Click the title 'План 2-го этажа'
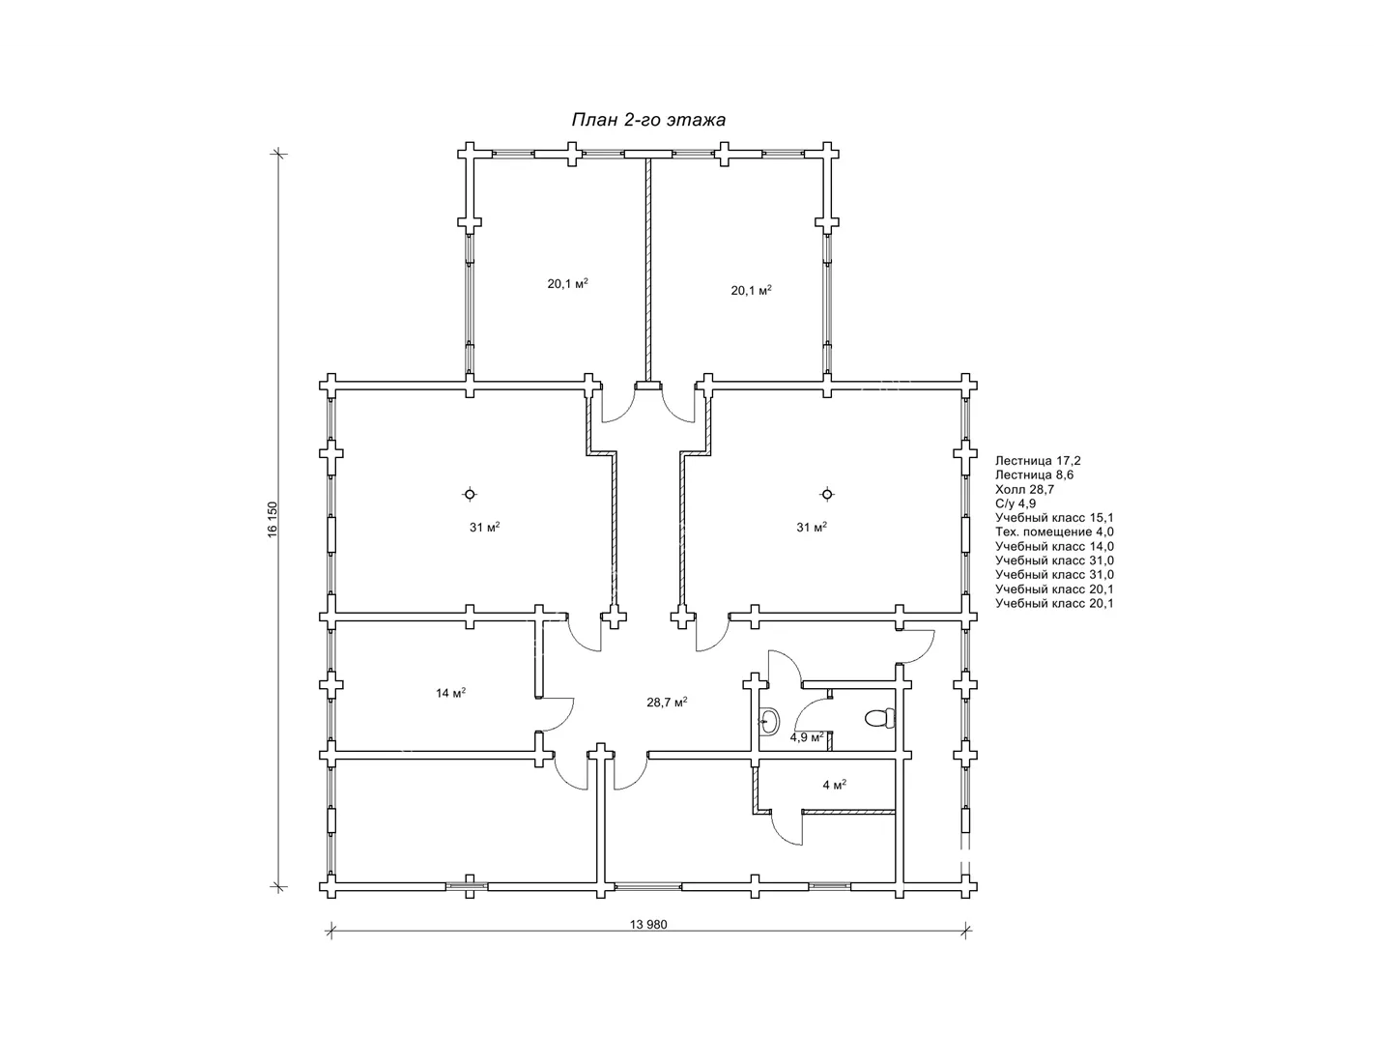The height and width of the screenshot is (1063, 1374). pos(648,120)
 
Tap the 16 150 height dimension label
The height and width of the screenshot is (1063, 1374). pos(272,520)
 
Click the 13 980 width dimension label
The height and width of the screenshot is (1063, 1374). pos(648,925)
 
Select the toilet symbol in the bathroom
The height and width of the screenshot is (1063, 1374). pos(880,718)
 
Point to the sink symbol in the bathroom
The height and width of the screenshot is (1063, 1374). pos(769,721)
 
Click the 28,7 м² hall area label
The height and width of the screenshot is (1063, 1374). pos(667,702)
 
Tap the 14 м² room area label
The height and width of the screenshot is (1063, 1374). pos(451,693)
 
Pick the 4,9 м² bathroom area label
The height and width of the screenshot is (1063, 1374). pos(807,737)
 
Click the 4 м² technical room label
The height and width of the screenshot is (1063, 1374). pos(835,785)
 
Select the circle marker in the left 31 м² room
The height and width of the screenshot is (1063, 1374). pos(470,494)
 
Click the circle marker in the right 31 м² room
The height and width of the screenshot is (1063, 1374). pos(827,494)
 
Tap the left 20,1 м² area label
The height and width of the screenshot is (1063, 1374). pos(568,284)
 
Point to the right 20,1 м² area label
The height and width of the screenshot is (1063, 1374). pos(751,290)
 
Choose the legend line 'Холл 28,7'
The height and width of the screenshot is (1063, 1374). pos(1024,489)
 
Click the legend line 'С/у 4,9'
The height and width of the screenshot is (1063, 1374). pos(1016,504)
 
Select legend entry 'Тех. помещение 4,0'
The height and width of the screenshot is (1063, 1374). pos(1055,532)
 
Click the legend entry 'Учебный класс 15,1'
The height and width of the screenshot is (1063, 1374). pos(1055,518)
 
